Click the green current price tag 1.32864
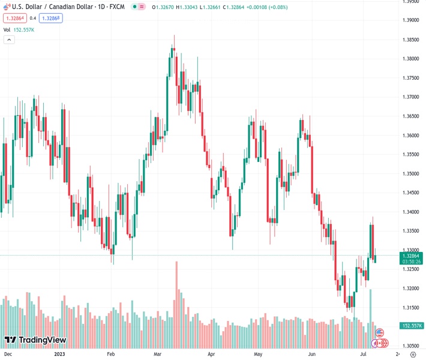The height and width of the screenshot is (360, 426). click(412, 256)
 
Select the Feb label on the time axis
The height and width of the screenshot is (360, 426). click(110, 354)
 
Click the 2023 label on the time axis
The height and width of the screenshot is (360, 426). click(59, 354)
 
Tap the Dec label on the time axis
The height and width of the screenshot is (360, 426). click(8, 354)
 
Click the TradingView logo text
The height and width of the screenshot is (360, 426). click(42, 340)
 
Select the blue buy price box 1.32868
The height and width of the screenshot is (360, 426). click(50, 18)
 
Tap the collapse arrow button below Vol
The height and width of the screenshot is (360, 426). click(9, 40)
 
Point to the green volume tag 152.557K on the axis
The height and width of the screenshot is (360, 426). click(412, 326)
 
